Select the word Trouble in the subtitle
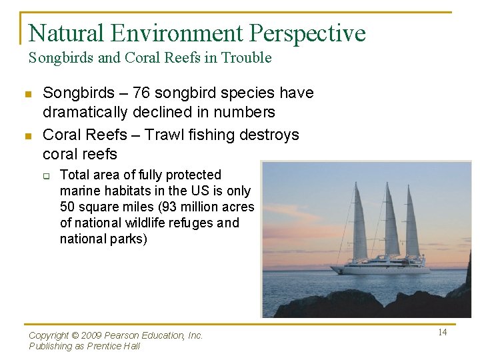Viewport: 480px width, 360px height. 247,58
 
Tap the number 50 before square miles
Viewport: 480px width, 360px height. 67,207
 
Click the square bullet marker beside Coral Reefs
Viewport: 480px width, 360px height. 28,136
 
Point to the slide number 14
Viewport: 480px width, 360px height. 442,332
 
